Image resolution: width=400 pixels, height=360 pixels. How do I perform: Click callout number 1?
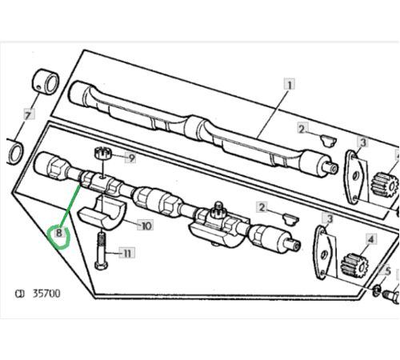click(x=290, y=85)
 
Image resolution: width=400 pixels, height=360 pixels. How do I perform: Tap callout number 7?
click(x=29, y=115)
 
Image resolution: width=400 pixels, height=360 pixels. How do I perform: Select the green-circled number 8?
click(x=59, y=234)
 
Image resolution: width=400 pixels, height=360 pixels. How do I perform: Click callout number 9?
click(x=131, y=158)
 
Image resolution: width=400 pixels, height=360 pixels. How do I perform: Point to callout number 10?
click(x=146, y=226)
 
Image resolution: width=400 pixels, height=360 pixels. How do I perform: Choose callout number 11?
click(x=127, y=253)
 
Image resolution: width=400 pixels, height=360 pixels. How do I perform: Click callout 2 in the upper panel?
click(x=302, y=129)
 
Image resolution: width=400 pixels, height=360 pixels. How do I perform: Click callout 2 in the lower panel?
click(x=262, y=207)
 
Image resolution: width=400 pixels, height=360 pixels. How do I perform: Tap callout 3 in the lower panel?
click(x=330, y=218)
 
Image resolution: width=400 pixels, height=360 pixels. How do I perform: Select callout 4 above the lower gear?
click(x=370, y=239)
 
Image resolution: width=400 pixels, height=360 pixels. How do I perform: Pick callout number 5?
click(x=387, y=271)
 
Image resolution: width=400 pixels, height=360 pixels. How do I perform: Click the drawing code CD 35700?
click(x=38, y=294)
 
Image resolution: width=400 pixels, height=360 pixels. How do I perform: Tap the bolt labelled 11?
click(x=102, y=250)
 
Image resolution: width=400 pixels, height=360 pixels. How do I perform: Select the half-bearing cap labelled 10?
click(x=102, y=213)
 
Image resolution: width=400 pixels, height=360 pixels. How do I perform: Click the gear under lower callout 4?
click(x=354, y=266)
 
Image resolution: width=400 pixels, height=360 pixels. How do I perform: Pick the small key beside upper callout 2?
click(x=328, y=141)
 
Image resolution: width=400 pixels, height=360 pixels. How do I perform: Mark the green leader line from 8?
click(x=70, y=206)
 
